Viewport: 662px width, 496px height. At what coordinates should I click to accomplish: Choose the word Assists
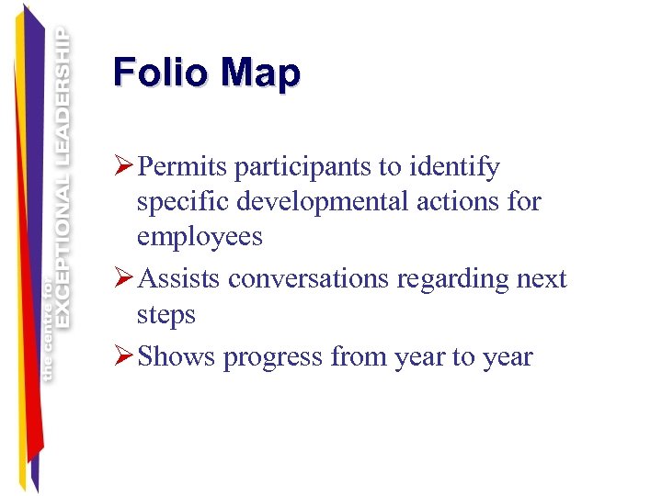point(179,278)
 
